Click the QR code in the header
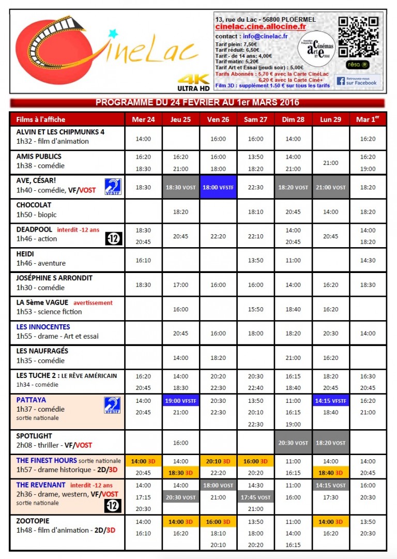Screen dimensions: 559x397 pyautogui.click(x=359, y=37)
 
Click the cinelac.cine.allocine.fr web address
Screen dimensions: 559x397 pyautogui.click(x=260, y=26)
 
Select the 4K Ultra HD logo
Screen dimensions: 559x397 pyautogui.click(x=192, y=81)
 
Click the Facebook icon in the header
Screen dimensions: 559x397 pyautogui.click(x=341, y=81)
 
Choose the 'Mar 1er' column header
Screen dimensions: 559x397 pyautogui.click(x=368, y=119)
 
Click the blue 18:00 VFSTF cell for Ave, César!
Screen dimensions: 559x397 pyautogui.click(x=218, y=188)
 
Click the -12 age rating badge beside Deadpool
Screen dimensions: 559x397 pyautogui.click(x=113, y=238)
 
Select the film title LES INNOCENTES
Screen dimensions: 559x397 pyautogui.click(x=43, y=327)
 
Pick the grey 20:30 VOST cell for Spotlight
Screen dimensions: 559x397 pyautogui.click(x=293, y=443)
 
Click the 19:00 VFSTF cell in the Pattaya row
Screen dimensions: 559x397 pyautogui.click(x=181, y=401)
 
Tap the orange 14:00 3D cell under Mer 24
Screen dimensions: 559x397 pyautogui.click(x=144, y=461)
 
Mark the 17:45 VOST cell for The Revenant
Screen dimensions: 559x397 pyautogui.click(x=256, y=497)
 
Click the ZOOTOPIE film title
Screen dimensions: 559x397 pyautogui.click(x=33, y=521)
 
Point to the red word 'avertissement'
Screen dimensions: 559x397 pyautogui.click(x=93, y=303)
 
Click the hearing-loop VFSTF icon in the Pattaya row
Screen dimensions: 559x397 pyautogui.click(x=113, y=405)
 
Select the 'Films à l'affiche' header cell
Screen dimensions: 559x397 pyautogui.click(x=41, y=119)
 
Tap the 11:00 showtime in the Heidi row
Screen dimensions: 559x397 pyautogui.click(x=293, y=261)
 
